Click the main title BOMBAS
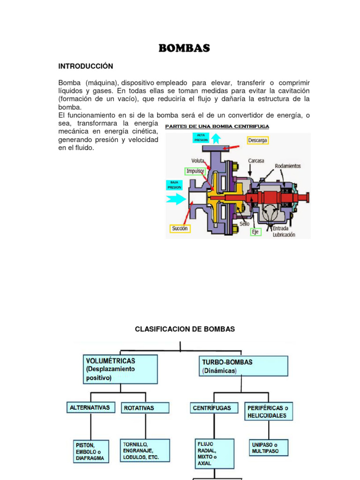pyautogui.click(x=184, y=48)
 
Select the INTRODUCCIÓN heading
pyautogui.click(x=86, y=66)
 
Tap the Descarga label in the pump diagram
pyautogui.click(x=258, y=140)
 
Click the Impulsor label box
pyautogui.click(x=195, y=171)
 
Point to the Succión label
pyautogui.click(x=180, y=228)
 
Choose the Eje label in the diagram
pyautogui.click(x=255, y=231)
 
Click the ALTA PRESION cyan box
pyautogui.click(x=201, y=137)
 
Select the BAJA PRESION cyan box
pyautogui.click(x=174, y=185)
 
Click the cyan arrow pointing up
pyautogui.click(x=216, y=138)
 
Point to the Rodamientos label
pyautogui.click(x=288, y=166)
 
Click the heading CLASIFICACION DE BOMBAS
pyautogui.click(x=185, y=329)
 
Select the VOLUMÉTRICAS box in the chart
pyautogui.click(x=120, y=369)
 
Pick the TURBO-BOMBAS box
pyautogui.click(x=237, y=366)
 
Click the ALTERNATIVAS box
pyautogui.click(x=90, y=408)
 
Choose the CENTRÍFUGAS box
pyautogui.click(x=212, y=408)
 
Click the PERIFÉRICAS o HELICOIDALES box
pyautogui.click(x=268, y=412)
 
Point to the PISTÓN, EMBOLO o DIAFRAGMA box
pyautogui.click(x=91, y=451)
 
